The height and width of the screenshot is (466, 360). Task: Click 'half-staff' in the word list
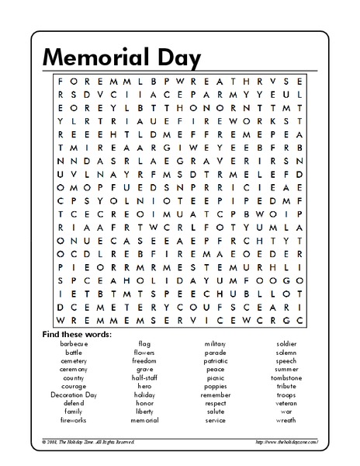pos(144,377)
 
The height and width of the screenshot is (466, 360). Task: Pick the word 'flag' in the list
pos(144,343)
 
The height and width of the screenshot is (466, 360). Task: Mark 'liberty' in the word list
pos(144,412)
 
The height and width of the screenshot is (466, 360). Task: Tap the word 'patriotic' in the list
pos(216,360)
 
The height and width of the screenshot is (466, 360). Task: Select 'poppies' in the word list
pos(216,386)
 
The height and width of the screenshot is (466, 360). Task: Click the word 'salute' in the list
pos(216,412)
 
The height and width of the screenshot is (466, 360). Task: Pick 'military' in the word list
pos(216,343)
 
